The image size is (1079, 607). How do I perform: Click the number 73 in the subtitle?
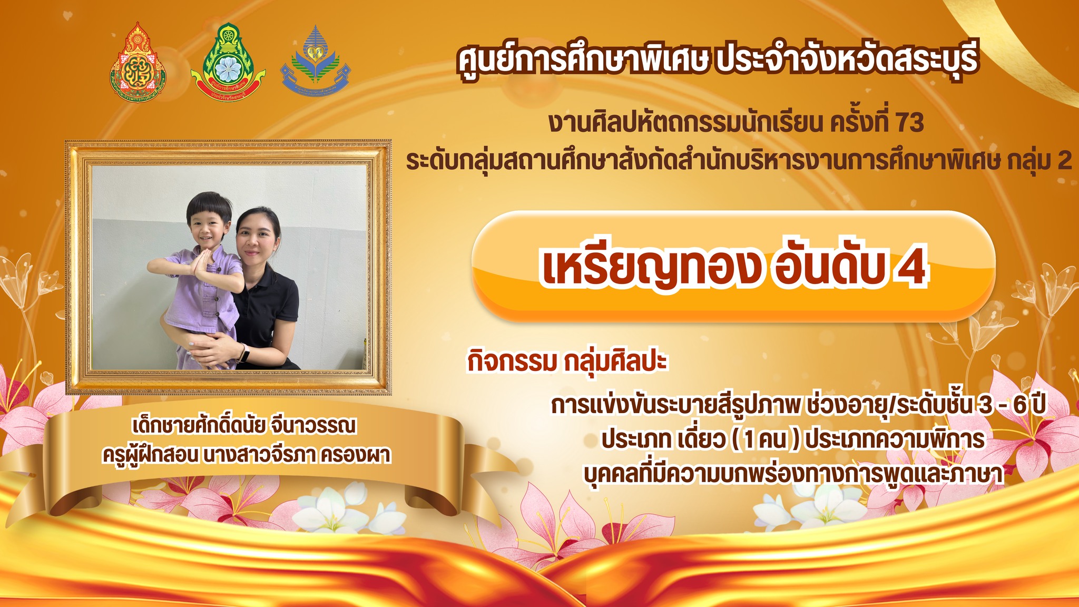[x=909, y=123]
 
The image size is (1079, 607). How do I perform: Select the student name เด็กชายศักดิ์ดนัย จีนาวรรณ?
[x=244, y=426]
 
